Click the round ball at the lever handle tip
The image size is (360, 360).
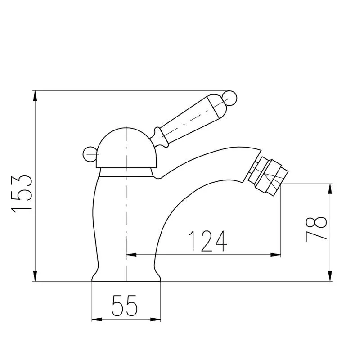click(230, 98)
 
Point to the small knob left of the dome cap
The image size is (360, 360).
click(89, 154)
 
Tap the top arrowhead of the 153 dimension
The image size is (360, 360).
click(35, 95)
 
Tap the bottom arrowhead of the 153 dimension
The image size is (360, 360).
click(35, 276)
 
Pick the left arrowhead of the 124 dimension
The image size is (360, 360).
click(131, 255)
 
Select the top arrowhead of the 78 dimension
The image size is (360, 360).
click(331, 189)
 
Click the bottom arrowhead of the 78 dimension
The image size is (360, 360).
click(331, 276)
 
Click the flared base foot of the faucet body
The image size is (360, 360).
click(126, 275)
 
